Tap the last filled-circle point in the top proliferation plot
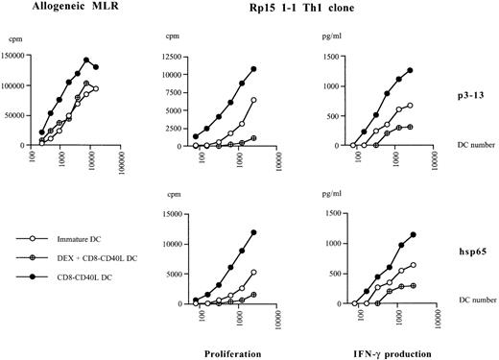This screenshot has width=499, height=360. tap(253, 69)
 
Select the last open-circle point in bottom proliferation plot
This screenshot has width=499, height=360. tap(253, 272)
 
